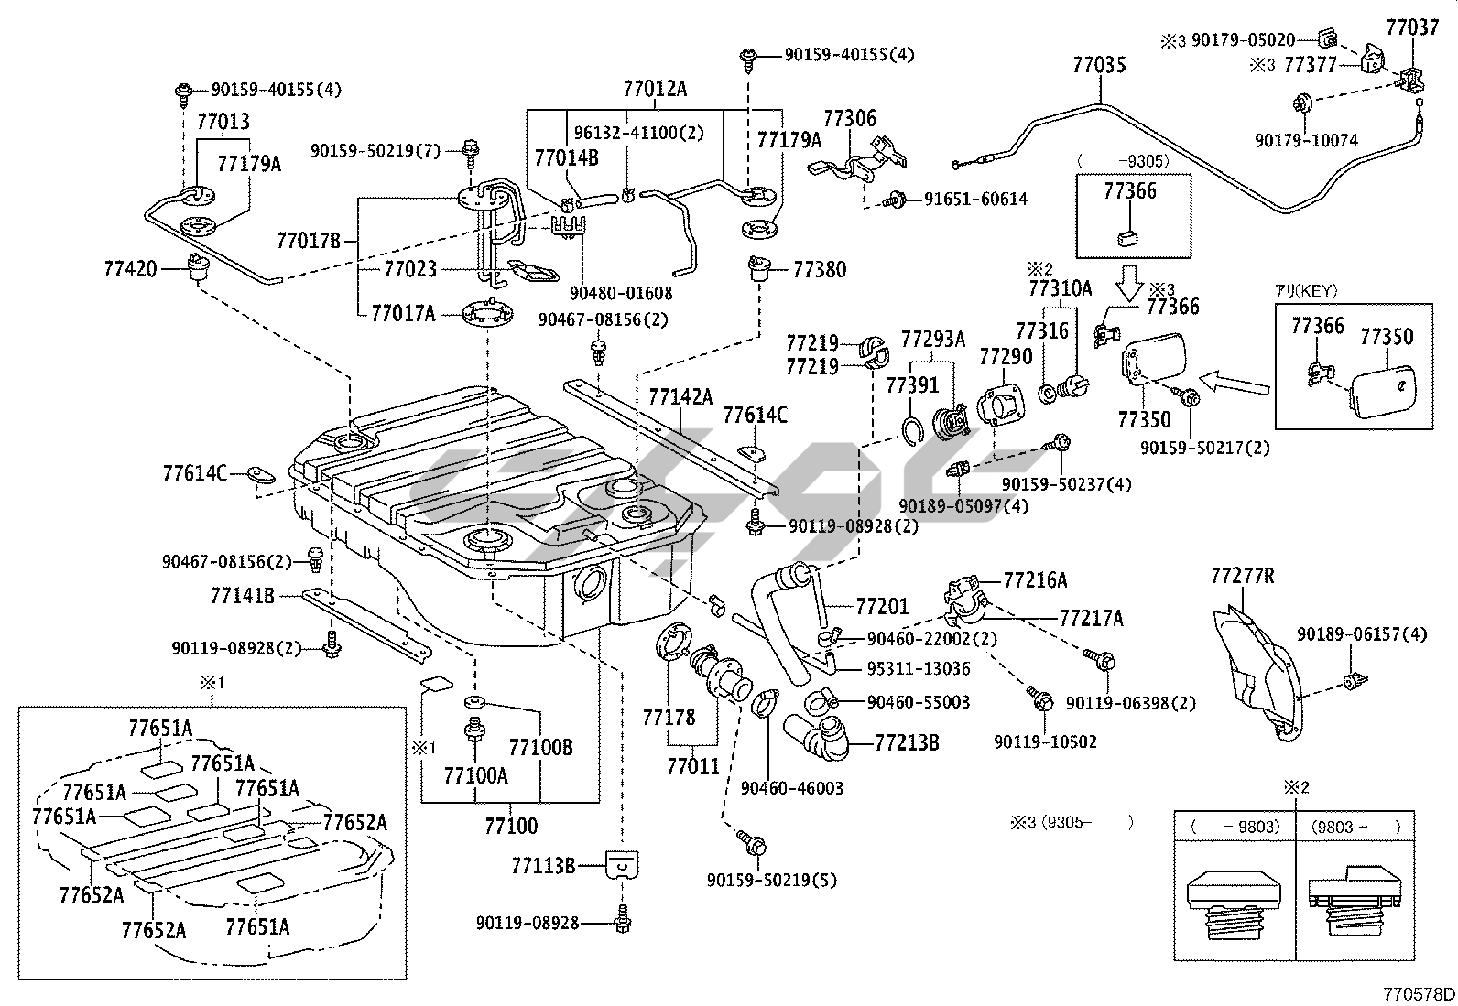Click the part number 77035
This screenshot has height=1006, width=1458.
1099,65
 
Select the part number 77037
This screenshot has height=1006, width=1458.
1412,27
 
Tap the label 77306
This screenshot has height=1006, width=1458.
849,118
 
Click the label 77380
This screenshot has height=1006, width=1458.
820,269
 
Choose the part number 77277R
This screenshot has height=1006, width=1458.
1242,576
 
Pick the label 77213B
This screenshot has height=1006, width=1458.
907,741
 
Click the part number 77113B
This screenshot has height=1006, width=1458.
542,864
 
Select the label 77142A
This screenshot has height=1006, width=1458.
680,396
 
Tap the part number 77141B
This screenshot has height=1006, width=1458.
242,596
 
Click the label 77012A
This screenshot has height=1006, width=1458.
654,89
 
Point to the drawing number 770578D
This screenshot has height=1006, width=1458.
1418,994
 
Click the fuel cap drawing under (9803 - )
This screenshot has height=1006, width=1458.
1354,902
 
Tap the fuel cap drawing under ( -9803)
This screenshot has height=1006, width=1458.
1233,902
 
